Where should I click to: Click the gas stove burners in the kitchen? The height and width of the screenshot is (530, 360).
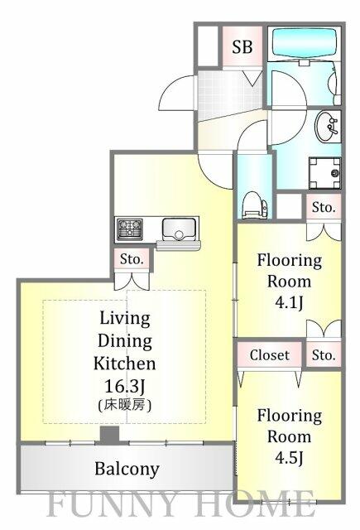pos(130,229)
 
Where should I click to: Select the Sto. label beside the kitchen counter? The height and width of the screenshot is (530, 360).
pos(132,260)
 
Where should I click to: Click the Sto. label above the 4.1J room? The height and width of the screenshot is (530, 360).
pos(323,207)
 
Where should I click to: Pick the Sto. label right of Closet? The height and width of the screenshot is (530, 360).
pos(324,355)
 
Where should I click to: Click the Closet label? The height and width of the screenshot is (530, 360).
pos(270,355)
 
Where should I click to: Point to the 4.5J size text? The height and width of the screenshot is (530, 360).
pos(289,456)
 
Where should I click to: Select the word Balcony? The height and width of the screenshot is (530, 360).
pos(126,470)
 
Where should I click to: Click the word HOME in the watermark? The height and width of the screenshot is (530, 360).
pos(260,503)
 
